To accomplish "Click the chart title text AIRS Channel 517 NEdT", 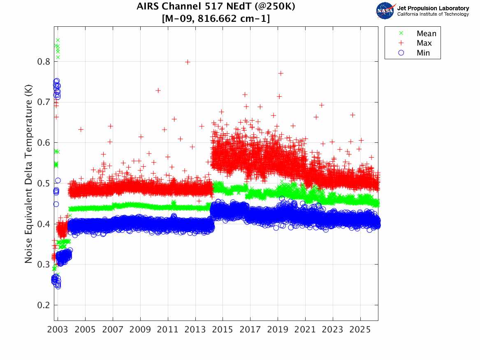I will point(216,7).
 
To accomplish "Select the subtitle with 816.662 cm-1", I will point(216,19).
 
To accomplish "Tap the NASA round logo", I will point(385,10).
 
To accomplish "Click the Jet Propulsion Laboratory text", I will point(433,8).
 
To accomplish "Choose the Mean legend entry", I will point(426,33).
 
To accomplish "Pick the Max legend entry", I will point(424,43).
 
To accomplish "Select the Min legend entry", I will point(423,53).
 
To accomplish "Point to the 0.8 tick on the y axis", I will point(43,62).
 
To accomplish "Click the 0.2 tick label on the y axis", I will point(43,306).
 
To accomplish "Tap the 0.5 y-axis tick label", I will point(43,183).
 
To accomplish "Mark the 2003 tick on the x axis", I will point(58,330).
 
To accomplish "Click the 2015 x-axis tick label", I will point(223,330).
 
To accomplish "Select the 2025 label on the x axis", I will point(360,330).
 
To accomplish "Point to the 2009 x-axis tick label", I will point(140,330).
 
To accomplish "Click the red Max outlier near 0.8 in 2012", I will point(188,62).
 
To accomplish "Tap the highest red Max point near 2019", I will point(281,73).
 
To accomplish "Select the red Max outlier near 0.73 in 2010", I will point(158,91).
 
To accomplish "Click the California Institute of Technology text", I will point(433,14).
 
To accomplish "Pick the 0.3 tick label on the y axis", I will point(43,265).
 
